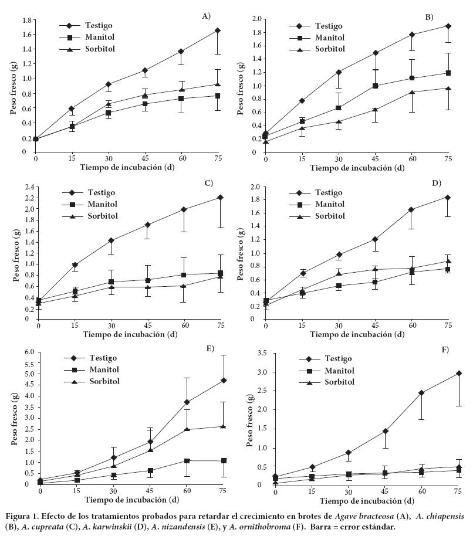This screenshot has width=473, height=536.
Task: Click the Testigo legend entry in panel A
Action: pyautogui.click(x=99, y=26)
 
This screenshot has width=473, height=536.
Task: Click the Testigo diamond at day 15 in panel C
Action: pyautogui.click(x=75, y=265)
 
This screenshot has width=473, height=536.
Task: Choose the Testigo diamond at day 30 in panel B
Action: pyautogui.click(x=339, y=72)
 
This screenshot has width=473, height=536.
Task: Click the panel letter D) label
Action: pyautogui.click(x=436, y=184)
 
